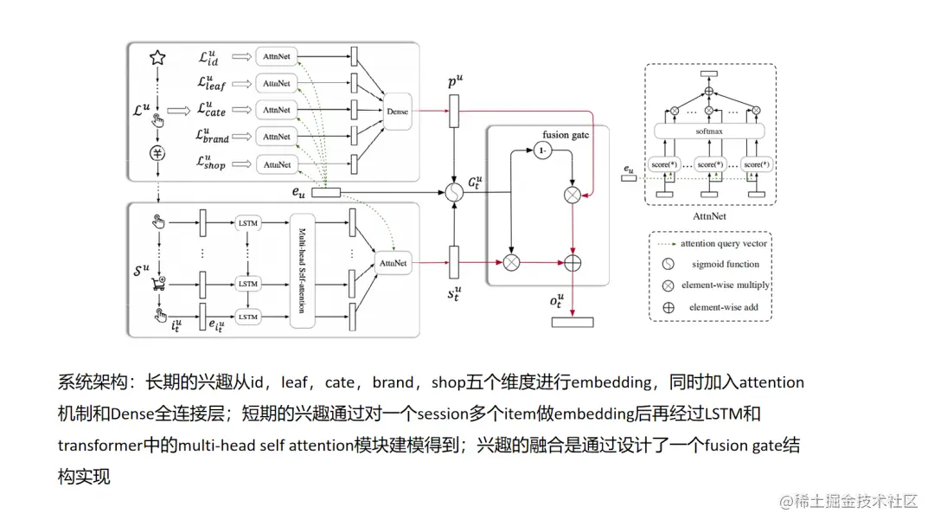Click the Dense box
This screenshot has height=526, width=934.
398,112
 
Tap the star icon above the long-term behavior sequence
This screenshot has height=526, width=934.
157,58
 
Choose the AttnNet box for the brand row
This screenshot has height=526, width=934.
277,137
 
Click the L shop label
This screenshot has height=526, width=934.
212,161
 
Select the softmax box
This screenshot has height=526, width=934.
708,131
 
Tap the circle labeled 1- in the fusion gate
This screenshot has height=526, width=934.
542,151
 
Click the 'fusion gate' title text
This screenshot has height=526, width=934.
566,136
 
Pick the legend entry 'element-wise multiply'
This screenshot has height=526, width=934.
725,285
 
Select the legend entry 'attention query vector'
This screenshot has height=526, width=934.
724,244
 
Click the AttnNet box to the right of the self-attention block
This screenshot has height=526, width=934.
393,261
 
